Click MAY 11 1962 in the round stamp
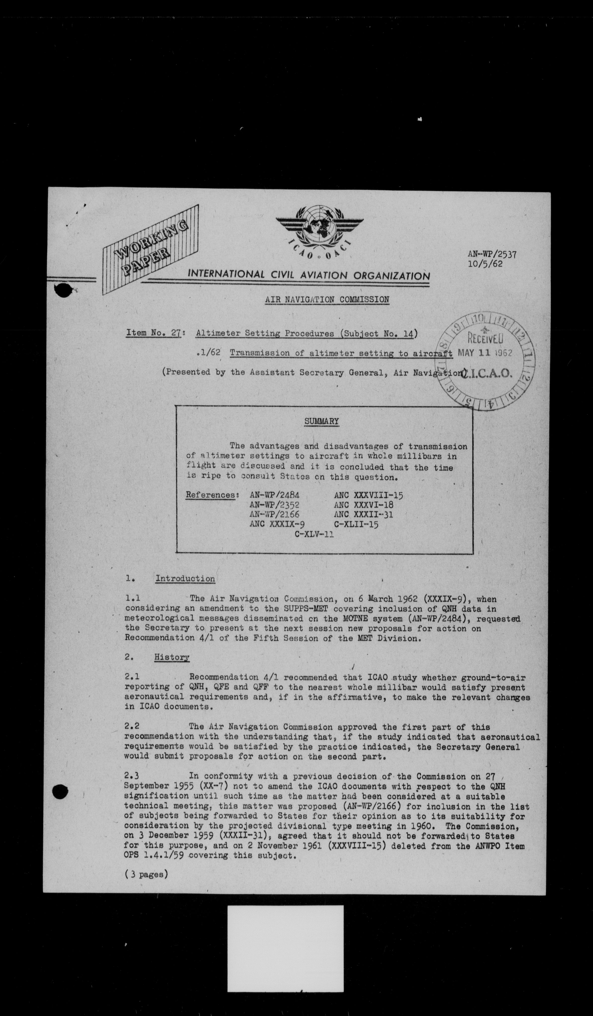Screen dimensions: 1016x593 click(x=485, y=353)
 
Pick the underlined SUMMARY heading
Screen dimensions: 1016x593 click(x=321, y=421)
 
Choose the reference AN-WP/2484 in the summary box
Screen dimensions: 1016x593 click(x=274, y=495)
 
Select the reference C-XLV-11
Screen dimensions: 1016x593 click(x=314, y=535)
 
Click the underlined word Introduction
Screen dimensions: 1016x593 click(x=185, y=578)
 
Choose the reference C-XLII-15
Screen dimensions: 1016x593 click(x=356, y=524)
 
